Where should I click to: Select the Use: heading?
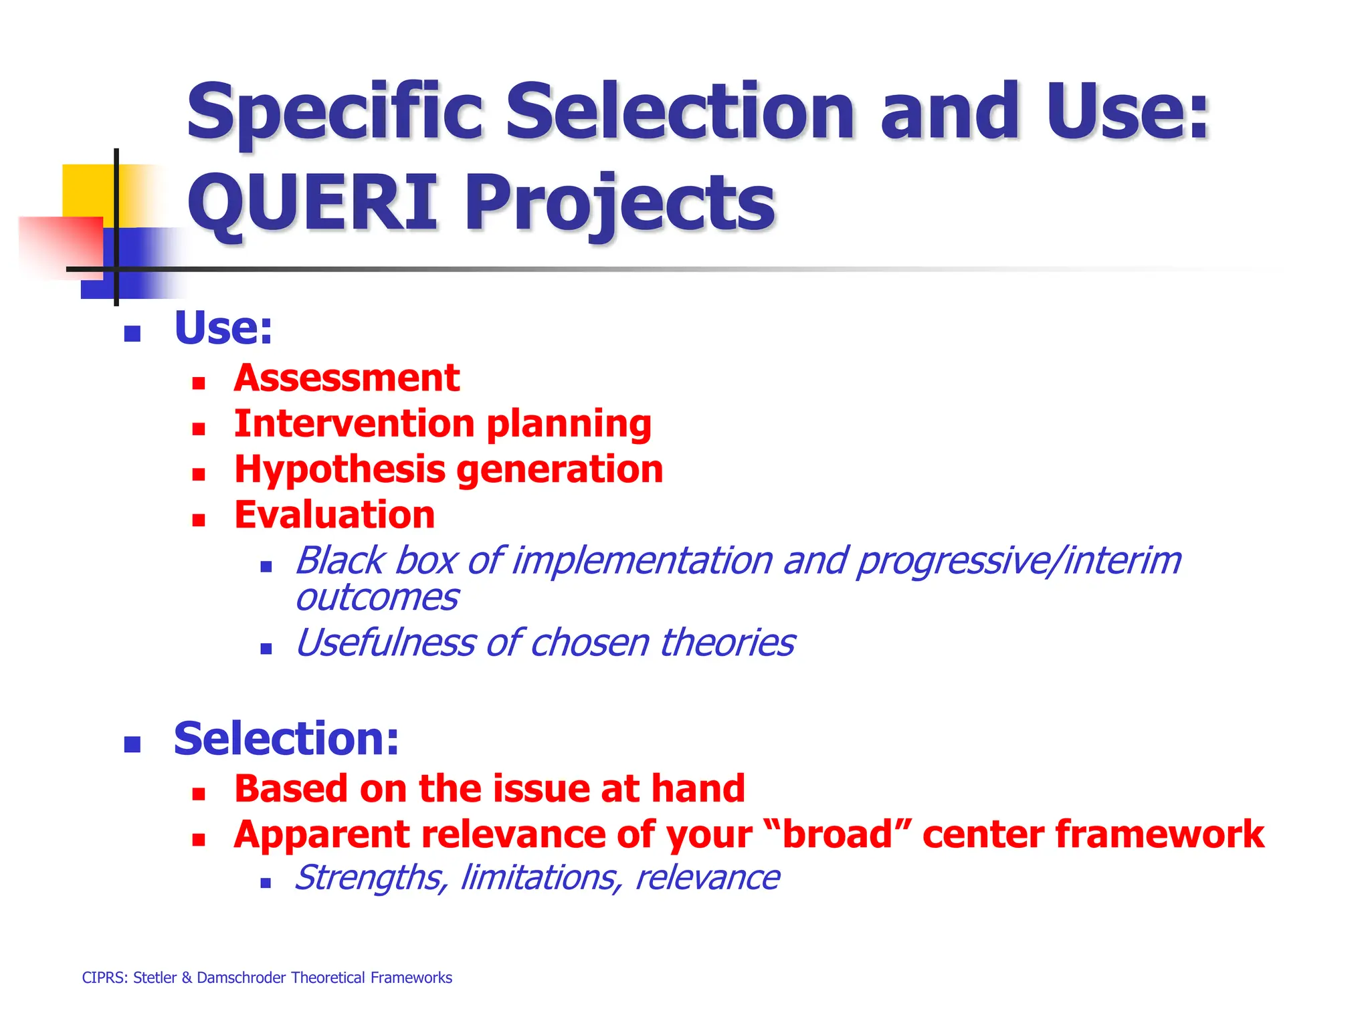[223, 328]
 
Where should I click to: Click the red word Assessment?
[347, 378]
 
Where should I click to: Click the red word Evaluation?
[334, 515]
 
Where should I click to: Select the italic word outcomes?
[377, 597]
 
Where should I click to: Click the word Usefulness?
[384, 643]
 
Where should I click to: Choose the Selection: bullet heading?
[286, 739]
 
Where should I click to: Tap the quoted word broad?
[838, 834]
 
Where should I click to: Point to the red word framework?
[1160, 834]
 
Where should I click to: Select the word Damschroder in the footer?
[241, 978]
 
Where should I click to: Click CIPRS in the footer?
[104, 978]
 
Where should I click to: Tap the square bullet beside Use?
[132, 334]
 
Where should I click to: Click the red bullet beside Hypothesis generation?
[198, 475]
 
